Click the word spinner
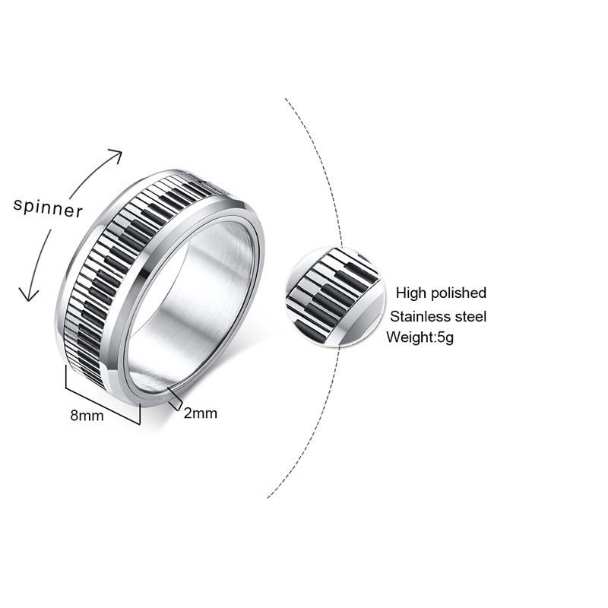(48, 207)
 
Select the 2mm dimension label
(201, 413)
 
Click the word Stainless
(419, 317)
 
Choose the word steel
(469, 317)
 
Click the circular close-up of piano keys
(332, 296)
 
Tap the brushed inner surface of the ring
(194, 304)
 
